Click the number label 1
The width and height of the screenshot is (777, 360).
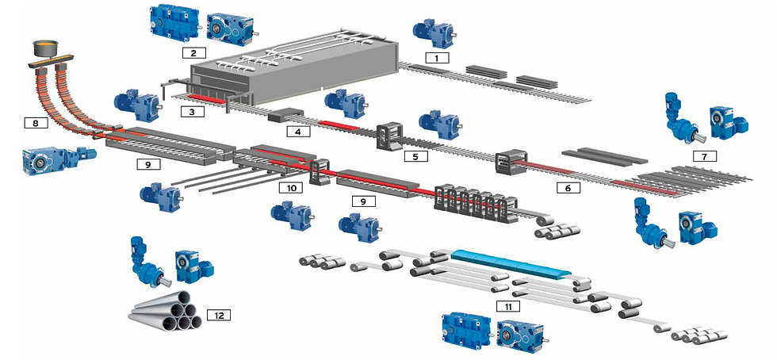tap(437, 57)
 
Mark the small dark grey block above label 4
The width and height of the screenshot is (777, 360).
tap(281, 116)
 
